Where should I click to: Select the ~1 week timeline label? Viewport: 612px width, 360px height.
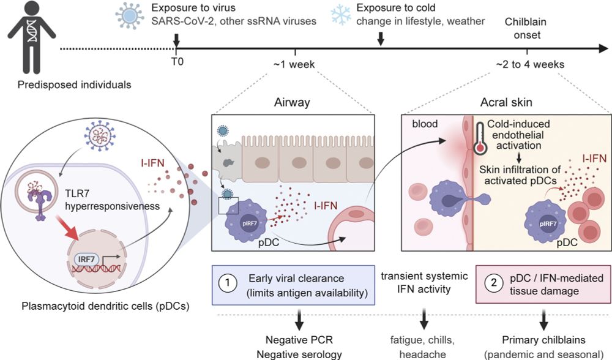297,64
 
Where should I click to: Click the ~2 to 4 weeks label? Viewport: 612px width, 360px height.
530,64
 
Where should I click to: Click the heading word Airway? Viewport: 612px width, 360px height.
292,102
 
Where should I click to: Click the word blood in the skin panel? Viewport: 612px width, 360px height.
425,124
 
